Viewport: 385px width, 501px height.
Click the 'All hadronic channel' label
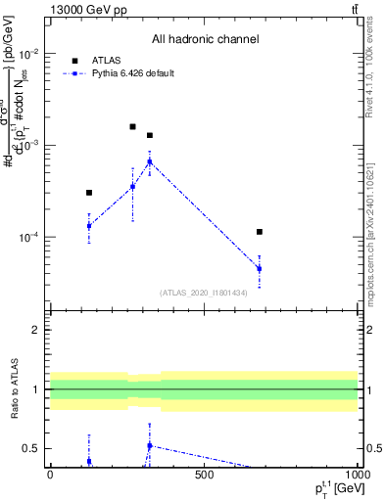(x=205, y=40)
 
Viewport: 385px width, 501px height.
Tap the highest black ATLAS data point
(x=132, y=126)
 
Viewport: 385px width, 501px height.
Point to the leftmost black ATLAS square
(x=89, y=193)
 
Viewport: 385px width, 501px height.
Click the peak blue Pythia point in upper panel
(x=150, y=161)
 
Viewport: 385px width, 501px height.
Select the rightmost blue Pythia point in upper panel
(x=260, y=268)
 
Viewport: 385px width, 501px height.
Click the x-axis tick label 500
(x=204, y=475)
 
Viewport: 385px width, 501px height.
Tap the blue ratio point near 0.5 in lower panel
(x=150, y=445)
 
